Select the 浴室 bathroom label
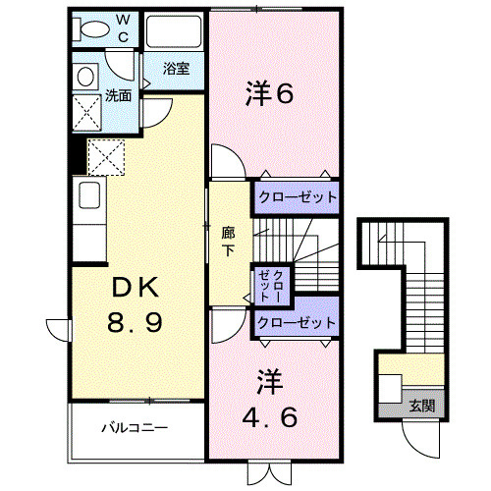point(177,69)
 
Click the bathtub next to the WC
point(174,35)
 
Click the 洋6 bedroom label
point(269,95)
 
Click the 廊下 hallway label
point(229,241)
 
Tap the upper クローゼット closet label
point(297,196)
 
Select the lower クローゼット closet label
point(296,322)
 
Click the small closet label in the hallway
point(269,284)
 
